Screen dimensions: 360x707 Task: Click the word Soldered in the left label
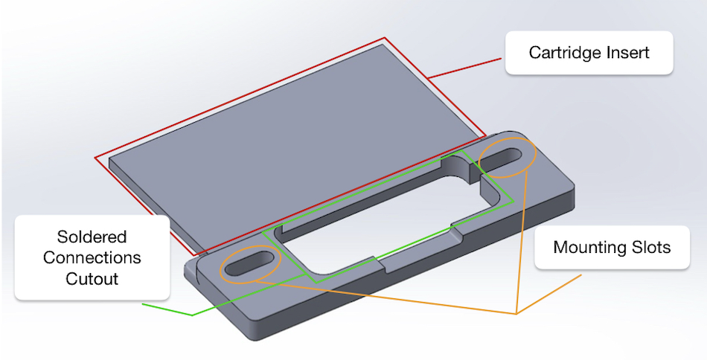pyautogui.click(x=92, y=237)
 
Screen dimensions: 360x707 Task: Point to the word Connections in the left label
pyautogui.click(x=92, y=258)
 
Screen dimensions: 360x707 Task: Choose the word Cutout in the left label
pyautogui.click(x=92, y=279)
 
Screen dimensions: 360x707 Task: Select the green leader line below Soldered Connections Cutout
pyautogui.click(x=167, y=309)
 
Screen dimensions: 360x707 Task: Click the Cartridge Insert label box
pyautogui.click(x=589, y=53)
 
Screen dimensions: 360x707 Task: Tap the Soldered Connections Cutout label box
pyautogui.click(x=92, y=258)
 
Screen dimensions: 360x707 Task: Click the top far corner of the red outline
pyautogui.click(x=386, y=38)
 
